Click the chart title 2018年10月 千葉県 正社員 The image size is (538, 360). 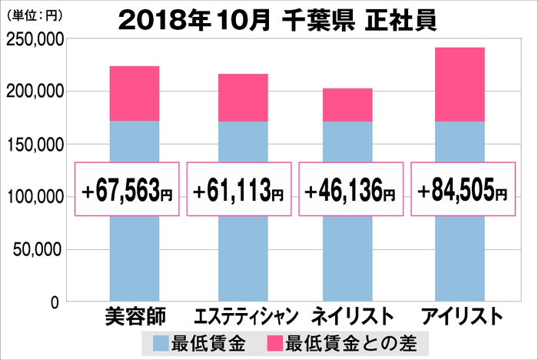tap(278, 20)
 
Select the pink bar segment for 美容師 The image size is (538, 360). tap(134, 94)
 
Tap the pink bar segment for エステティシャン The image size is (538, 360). tap(243, 98)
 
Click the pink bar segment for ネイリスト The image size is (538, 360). tap(347, 105)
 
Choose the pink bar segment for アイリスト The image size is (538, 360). tap(460, 85)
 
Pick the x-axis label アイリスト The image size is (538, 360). tap(460, 317)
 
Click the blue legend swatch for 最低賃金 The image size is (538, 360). tap(163, 341)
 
